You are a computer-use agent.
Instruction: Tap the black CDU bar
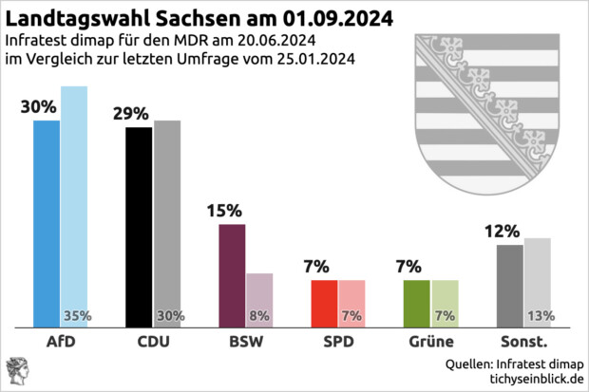tap(139, 228)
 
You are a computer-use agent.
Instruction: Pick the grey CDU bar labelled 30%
tap(167, 218)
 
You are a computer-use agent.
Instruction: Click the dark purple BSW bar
tap(232, 276)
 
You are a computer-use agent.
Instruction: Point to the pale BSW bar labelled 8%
tap(259, 294)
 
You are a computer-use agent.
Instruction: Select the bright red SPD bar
tap(325, 304)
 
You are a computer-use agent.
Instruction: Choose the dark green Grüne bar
tap(418, 304)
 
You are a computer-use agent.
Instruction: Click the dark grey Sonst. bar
tap(510, 286)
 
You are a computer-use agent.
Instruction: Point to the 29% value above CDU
tap(130, 114)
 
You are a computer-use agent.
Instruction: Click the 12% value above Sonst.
tap(501, 231)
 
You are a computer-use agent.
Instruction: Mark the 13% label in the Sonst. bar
tap(541, 316)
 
